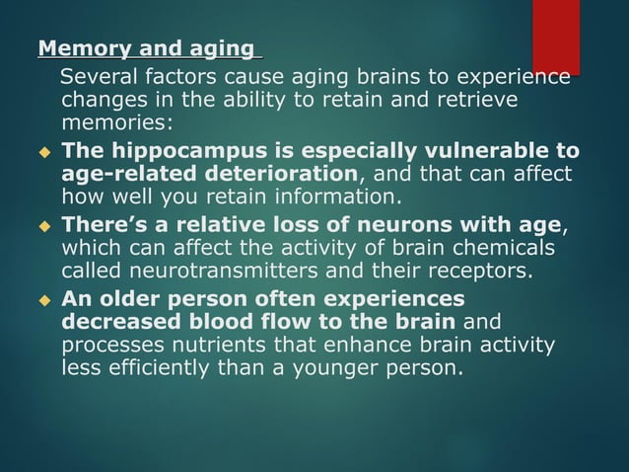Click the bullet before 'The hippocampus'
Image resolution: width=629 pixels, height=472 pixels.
coord(43,152)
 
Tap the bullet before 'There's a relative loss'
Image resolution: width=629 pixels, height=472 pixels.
coord(43,227)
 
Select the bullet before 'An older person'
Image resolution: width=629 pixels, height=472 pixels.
coord(43,300)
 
